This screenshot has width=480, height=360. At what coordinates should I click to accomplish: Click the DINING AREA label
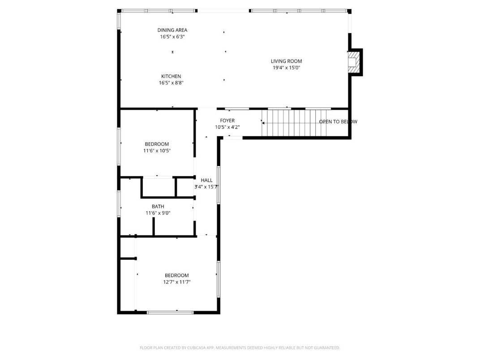[172, 30]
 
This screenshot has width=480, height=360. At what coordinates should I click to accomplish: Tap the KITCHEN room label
[171, 76]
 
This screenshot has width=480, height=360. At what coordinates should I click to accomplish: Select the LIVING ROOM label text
[286, 61]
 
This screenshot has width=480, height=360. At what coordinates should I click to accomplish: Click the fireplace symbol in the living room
[354, 61]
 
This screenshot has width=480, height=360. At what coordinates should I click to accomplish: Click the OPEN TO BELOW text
[338, 122]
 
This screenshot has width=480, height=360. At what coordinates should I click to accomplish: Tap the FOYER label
[227, 120]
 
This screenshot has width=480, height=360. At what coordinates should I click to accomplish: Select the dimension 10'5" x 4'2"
[227, 127]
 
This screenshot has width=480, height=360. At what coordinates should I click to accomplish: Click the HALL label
[206, 180]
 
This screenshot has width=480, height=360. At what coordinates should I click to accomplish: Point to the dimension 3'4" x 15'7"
[206, 187]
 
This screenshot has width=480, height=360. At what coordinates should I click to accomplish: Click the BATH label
[158, 206]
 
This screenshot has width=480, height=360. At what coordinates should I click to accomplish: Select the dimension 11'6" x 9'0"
[158, 213]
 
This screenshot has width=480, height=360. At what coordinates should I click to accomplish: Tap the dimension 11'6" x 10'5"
[157, 151]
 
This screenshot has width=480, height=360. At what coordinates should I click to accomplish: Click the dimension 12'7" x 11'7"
[177, 282]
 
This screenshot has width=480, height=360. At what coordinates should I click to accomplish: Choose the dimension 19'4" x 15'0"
[286, 68]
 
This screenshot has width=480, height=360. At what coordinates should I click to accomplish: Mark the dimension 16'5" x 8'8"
[171, 83]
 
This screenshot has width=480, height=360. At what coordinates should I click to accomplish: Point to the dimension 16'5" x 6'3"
[172, 37]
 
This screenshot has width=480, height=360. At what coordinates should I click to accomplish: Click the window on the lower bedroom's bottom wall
[171, 312]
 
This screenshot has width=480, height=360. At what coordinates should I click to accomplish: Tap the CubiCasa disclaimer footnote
[240, 347]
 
